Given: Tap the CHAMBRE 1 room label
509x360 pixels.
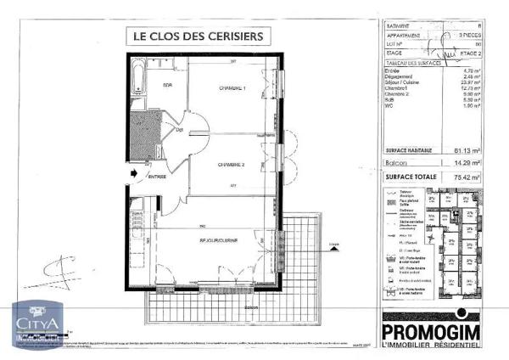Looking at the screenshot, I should point(232,88).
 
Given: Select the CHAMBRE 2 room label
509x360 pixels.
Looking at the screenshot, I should point(231,164).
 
